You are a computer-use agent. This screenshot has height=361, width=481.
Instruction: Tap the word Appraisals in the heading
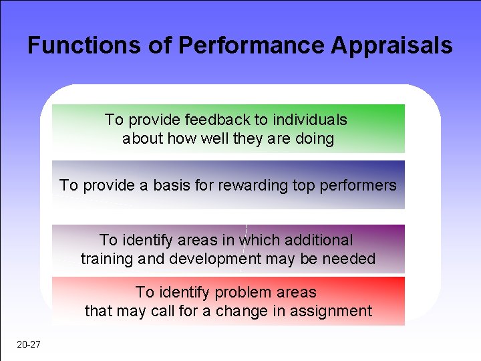click(391, 45)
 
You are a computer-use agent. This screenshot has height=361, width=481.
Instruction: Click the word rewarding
click(251, 185)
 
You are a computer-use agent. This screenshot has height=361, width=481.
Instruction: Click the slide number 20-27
click(28, 345)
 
